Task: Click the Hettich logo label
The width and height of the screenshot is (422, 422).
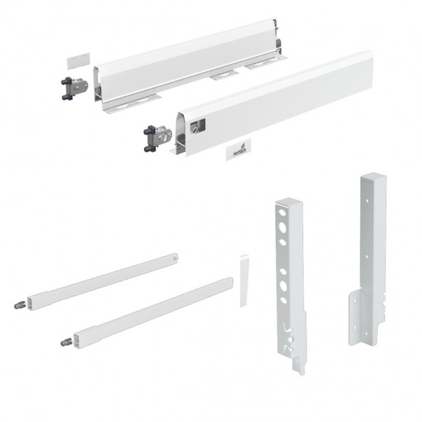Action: (x=238, y=149)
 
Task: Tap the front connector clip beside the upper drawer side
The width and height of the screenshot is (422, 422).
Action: (x=74, y=88)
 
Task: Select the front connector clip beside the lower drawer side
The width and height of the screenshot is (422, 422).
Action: (x=158, y=138)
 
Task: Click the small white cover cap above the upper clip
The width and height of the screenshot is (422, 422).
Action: (x=79, y=60)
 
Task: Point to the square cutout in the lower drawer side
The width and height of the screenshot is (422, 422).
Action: (x=197, y=126)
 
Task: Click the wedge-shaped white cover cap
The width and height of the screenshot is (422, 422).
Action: (x=244, y=280)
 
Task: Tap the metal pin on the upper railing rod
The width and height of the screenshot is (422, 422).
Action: (x=19, y=305)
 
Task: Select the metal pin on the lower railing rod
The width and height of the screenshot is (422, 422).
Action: (x=66, y=342)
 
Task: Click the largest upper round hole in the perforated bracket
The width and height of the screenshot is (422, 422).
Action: (x=282, y=227)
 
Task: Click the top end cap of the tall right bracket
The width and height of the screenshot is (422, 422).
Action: (x=373, y=178)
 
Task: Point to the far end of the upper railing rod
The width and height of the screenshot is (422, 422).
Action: (x=175, y=257)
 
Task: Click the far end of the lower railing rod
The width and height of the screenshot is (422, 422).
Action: (x=229, y=282)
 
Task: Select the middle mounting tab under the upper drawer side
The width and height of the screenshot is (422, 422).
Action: (x=225, y=75)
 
